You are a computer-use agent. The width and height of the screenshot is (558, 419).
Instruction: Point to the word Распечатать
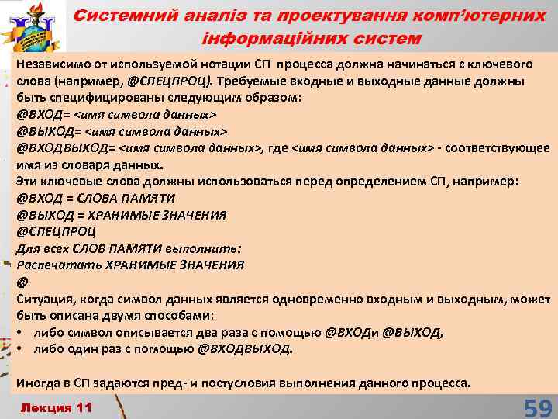click(54, 265)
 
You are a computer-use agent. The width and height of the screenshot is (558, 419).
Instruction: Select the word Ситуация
click(46, 298)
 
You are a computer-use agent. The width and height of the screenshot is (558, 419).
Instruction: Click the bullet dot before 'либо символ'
click(21, 332)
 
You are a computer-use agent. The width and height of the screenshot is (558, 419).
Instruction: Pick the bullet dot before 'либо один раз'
click(21, 348)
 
